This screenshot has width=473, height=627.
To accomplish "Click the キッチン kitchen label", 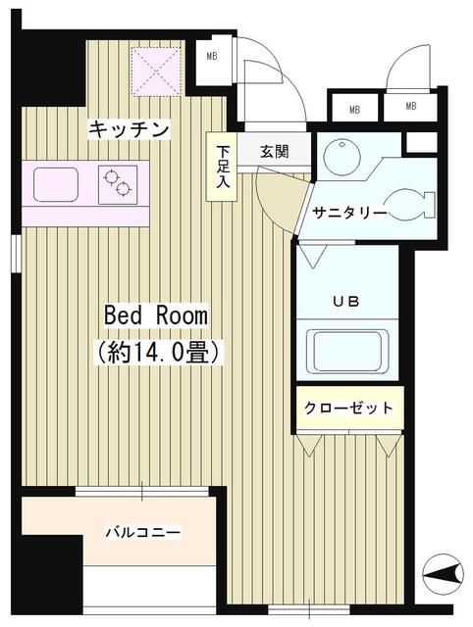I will point(130,128).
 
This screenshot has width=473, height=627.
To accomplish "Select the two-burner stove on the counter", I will point(121,183).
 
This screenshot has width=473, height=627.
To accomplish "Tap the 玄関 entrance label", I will point(274,152).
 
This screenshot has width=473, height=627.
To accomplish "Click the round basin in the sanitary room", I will point(342,157).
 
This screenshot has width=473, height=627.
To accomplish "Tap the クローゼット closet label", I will point(348,408).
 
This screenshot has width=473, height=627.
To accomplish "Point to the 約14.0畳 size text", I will point(157,350).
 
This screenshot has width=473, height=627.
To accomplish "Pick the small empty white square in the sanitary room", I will point(420,140).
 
